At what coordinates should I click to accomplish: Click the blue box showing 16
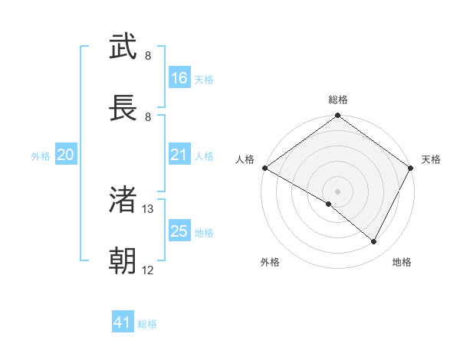179,78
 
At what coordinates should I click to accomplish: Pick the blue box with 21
179,155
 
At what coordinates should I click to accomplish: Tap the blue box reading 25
179,231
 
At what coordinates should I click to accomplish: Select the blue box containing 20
65,155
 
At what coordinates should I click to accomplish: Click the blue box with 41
123,323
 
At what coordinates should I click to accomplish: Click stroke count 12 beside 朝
148,270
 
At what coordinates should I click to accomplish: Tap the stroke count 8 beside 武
148,55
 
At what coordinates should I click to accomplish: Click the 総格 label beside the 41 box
147,324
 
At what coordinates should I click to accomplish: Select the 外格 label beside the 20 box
41,156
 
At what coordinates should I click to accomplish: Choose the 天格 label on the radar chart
431,159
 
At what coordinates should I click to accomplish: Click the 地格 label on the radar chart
402,262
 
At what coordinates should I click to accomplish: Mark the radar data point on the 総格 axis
337,116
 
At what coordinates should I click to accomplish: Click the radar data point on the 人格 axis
264,168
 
